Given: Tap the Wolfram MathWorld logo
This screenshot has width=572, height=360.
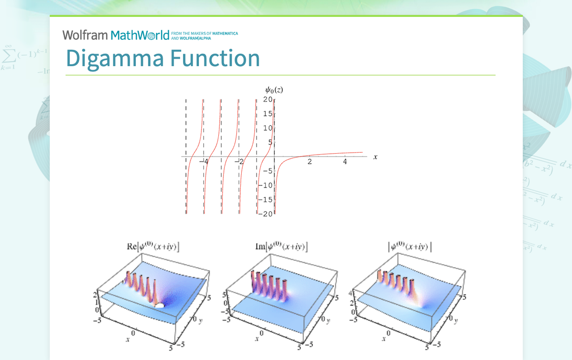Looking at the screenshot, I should click(116, 35).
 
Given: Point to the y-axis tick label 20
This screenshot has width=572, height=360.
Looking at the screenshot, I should click(268, 99).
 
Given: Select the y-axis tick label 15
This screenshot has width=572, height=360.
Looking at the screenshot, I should click(268, 114).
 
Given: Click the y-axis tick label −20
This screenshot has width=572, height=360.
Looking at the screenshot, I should click(266, 214).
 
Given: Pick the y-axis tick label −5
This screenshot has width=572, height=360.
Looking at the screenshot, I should click(267, 171).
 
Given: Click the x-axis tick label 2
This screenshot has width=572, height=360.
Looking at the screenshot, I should click(309, 162).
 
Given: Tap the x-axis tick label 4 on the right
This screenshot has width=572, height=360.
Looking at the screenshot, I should click(345, 162).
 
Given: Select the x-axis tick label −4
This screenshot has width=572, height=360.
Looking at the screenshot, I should click(204, 162).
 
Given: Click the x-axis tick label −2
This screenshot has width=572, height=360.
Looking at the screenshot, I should click(239, 162).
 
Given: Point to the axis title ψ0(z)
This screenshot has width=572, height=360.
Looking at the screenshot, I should click(274, 90).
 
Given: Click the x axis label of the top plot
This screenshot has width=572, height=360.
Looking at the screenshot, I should click(376, 157).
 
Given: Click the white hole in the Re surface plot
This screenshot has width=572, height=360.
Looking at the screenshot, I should click(160, 306).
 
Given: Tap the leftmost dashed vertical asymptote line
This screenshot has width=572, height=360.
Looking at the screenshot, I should click(186, 154).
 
